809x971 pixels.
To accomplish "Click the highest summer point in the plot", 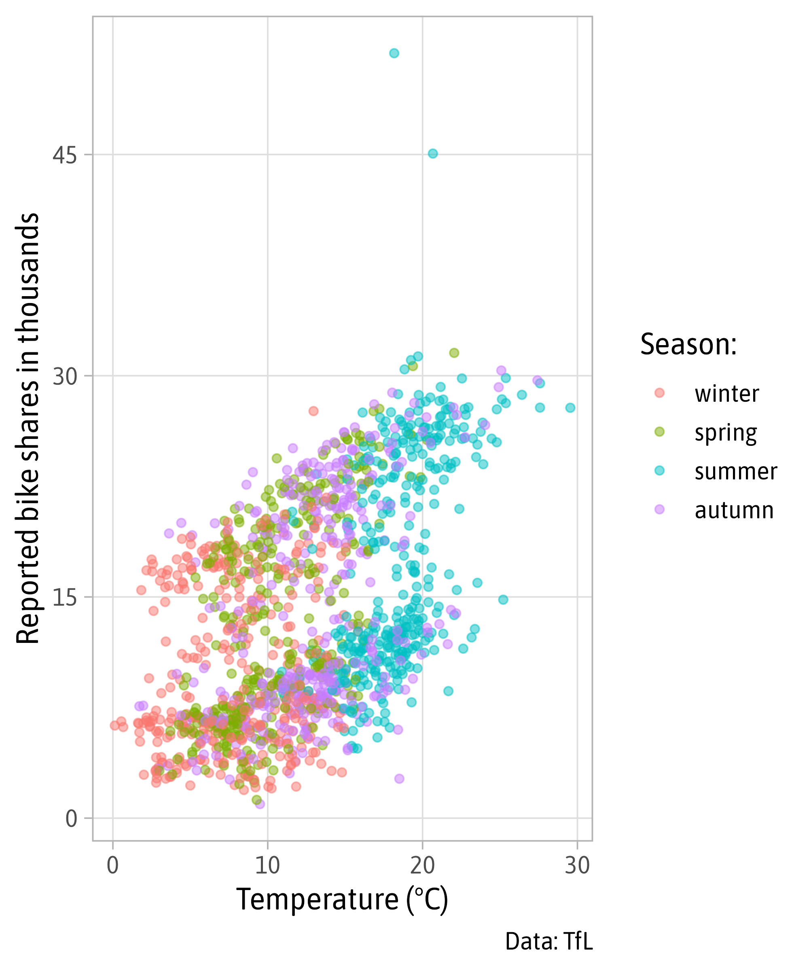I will tap(394, 53).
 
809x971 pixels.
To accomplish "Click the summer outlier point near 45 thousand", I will tap(433, 153).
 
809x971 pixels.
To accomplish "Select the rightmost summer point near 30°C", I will tap(570, 407).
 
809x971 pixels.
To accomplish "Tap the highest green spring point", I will tap(454, 353).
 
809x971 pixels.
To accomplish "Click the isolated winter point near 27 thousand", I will tap(313, 411).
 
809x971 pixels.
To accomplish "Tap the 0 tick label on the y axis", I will tap(71, 819).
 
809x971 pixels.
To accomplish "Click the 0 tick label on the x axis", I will tap(113, 865).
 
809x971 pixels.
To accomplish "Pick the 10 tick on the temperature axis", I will tap(268, 865).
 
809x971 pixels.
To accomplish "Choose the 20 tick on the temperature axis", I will tap(422, 865).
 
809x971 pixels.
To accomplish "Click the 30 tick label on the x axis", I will tap(577, 865).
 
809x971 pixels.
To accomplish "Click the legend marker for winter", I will tap(660, 393).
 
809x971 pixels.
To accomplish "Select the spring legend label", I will tap(726, 433).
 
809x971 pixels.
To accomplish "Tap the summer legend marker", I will tap(660, 471).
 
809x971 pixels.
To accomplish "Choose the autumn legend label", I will tap(734, 510).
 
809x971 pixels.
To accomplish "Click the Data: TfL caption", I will tap(549, 941).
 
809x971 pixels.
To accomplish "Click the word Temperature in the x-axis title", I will tap(318, 899).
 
